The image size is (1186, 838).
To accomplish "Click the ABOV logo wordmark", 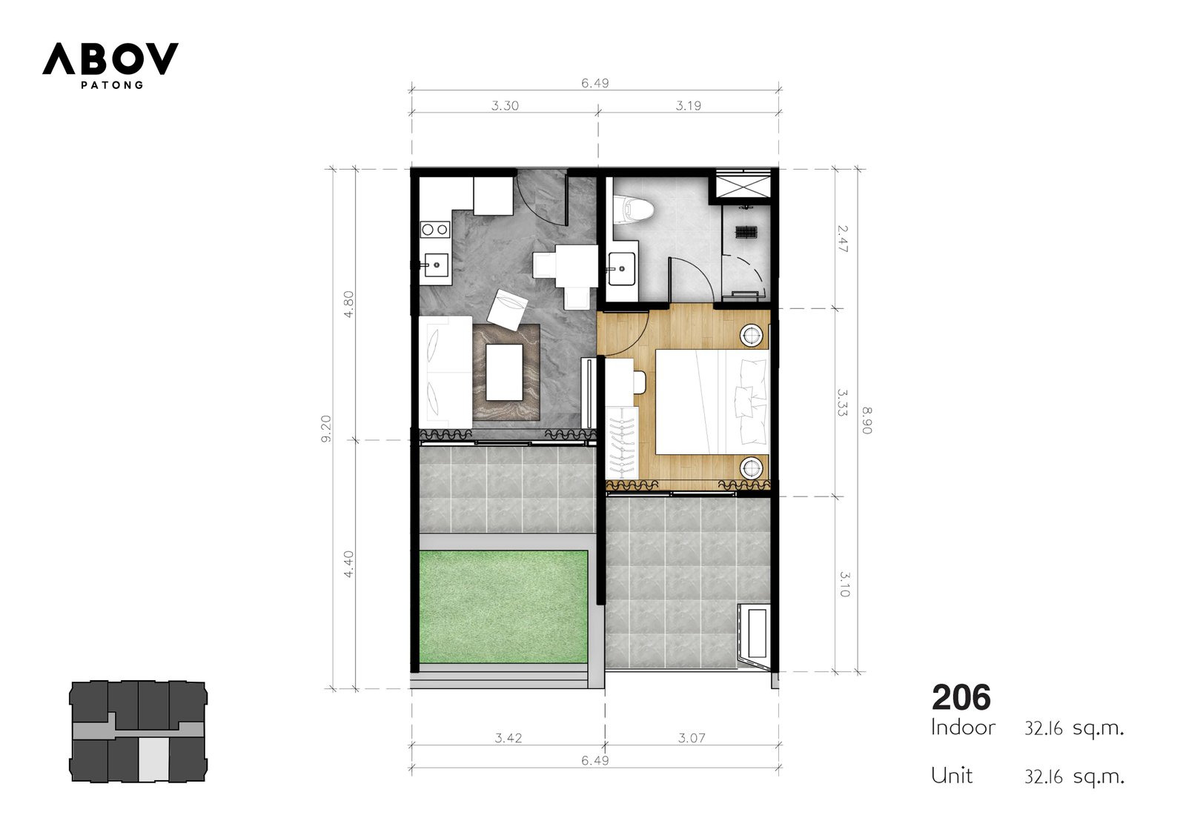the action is [x=110, y=59].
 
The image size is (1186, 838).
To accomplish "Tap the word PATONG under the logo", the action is [x=112, y=84].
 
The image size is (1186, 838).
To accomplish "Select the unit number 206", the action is [x=961, y=697].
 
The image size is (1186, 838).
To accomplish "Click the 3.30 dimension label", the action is [x=505, y=105].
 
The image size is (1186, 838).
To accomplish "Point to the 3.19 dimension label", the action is [x=688, y=105].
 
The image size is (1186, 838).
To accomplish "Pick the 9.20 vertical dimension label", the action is [x=325, y=428].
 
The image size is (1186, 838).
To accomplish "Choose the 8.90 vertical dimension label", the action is [x=867, y=420].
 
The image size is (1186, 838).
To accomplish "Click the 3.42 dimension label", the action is [x=508, y=737].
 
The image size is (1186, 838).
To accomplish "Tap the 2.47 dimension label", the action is [x=843, y=239].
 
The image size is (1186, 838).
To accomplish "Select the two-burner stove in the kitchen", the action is [x=434, y=229].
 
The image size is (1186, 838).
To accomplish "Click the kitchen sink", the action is [x=435, y=265].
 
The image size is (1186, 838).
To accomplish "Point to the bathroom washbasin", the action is [x=622, y=268].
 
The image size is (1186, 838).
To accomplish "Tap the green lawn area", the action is [x=503, y=607].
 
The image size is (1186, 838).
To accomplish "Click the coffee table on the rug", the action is [x=504, y=372].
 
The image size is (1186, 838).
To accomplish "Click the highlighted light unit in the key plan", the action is [x=153, y=760].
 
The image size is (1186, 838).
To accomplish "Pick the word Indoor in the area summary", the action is [x=963, y=728].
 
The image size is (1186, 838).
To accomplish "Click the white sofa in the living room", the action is [x=445, y=372].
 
